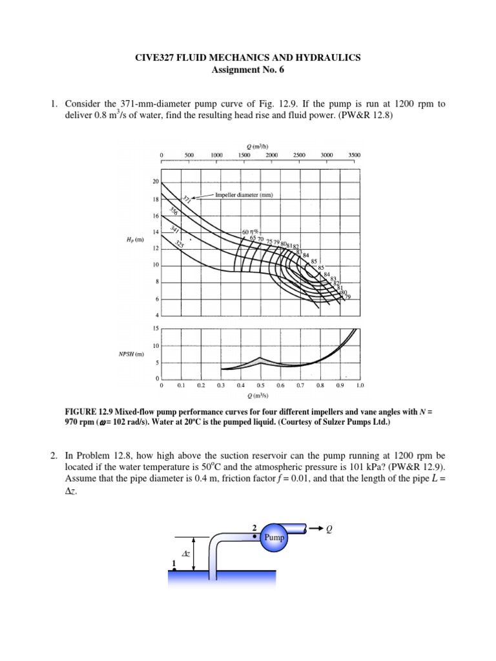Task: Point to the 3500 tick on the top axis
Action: click(354, 155)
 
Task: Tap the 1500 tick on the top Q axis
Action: click(244, 155)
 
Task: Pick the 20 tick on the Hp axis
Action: click(156, 181)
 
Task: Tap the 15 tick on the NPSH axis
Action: click(156, 329)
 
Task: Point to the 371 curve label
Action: click(185, 199)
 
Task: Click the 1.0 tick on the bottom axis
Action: click(360, 385)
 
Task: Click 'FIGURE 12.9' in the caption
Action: click(90, 411)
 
